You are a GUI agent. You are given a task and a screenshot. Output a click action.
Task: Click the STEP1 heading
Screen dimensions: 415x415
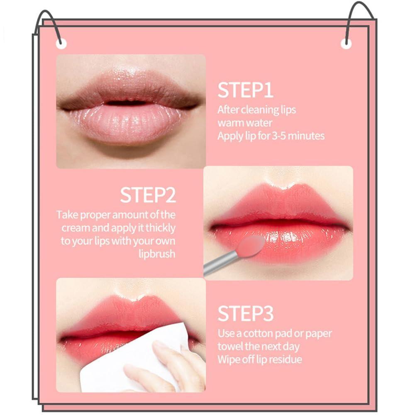(246, 90)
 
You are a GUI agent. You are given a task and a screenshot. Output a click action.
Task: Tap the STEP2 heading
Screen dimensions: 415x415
(148, 195)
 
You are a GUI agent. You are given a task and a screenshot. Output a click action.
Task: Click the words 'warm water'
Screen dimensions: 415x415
(245, 123)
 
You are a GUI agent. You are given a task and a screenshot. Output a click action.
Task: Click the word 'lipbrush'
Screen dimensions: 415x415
(157, 254)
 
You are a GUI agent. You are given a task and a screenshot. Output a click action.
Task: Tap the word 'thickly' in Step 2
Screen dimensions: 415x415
(160, 228)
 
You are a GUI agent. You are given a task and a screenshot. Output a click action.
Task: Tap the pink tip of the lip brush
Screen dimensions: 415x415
(252, 246)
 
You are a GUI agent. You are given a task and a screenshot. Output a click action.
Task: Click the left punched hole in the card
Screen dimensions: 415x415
(61, 42)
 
